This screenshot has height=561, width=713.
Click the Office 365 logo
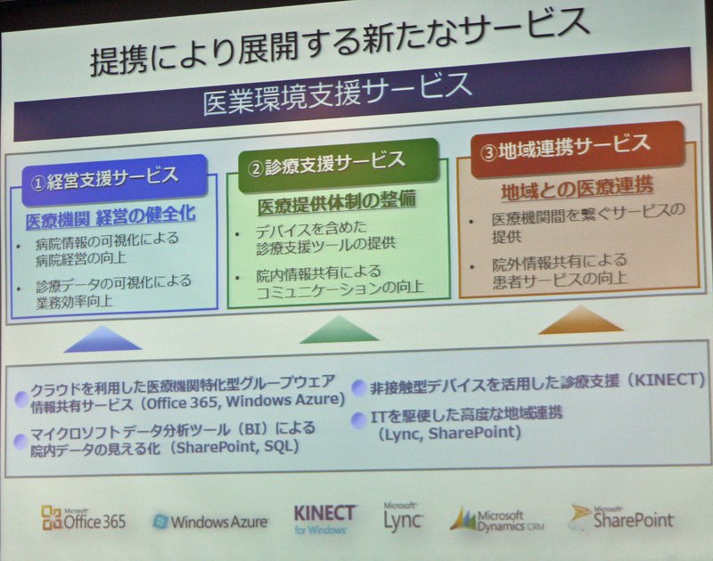(83, 519)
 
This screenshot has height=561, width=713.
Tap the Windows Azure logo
(210, 522)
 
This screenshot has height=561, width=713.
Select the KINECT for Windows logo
(324, 519)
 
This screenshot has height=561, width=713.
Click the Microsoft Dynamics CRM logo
(497, 519)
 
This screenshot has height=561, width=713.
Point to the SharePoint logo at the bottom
(621, 517)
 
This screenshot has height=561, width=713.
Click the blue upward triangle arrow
(102, 338)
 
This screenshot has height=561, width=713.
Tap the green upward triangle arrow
(339, 329)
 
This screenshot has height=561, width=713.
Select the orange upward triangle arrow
(581, 320)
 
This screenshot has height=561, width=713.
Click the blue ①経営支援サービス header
(115, 179)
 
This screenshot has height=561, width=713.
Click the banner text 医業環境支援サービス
(337, 94)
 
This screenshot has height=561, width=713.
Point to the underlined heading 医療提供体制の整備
(337, 201)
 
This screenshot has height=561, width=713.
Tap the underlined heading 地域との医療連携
(578, 188)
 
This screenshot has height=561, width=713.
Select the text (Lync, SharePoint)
(449, 433)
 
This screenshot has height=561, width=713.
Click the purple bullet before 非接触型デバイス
(359, 387)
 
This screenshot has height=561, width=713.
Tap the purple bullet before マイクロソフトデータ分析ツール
(20, 440)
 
